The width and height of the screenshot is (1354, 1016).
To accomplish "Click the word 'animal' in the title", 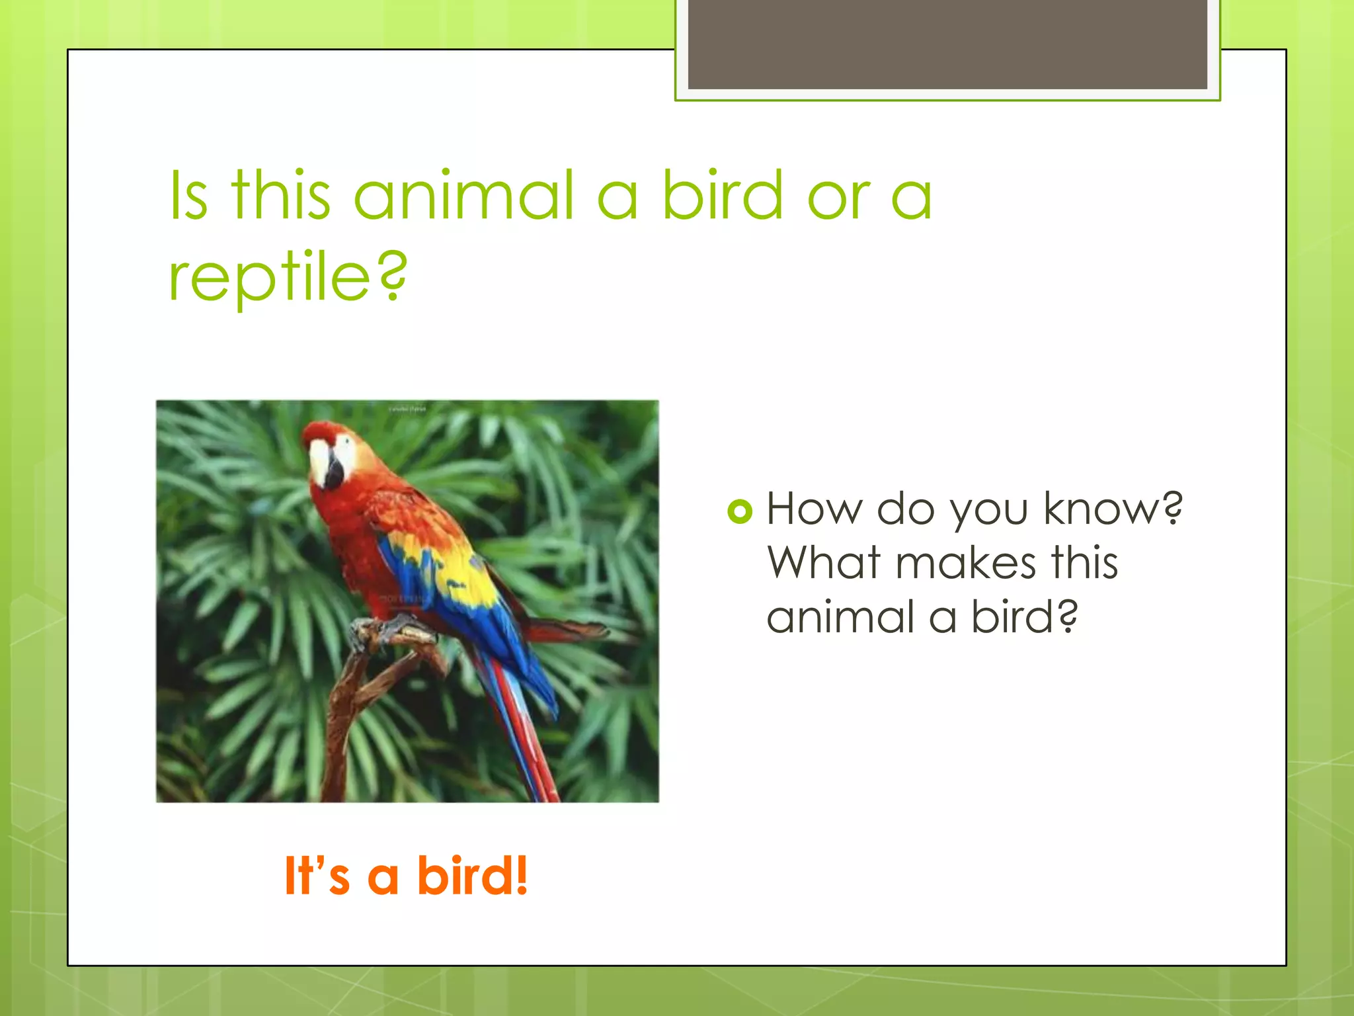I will (464, 196).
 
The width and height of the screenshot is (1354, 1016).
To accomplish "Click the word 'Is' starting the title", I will (189, 196).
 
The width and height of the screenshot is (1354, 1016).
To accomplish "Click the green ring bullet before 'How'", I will (740, 511).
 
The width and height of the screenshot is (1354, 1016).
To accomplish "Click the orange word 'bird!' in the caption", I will (472, 876).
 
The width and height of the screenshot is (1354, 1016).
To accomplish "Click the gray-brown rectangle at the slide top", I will (947, 44).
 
